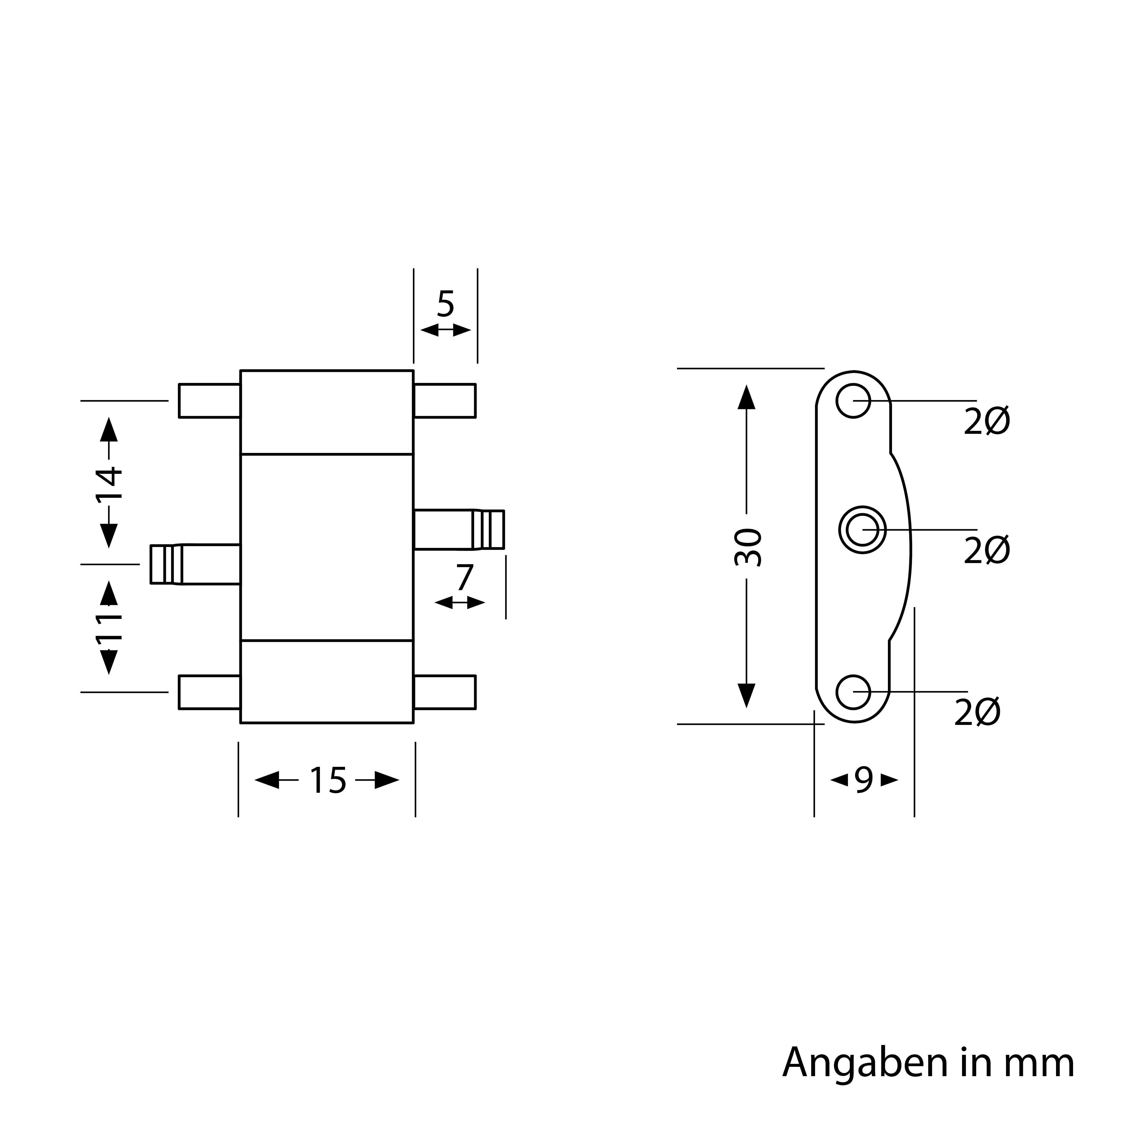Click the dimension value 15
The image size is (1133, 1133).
click(x=328, y=781)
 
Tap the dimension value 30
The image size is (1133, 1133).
click(x=748, y=547)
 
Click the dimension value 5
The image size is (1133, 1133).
click(x=446, y=304)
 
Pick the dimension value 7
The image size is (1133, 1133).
click(x=464, y=578)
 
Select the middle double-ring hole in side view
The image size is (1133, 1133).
click(x=862, y=529)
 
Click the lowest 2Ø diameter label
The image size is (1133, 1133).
click(x=978, y=712)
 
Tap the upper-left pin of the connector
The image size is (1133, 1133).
click(x=209, y=400)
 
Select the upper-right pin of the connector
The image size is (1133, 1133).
click(x=445, y=400)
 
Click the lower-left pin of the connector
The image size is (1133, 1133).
click(x=209, y=692)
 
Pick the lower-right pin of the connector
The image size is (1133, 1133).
click(x=445, y=692)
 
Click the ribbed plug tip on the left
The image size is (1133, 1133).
click(x=167, y=564)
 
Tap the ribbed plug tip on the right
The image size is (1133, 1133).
click(x=488, y=529)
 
